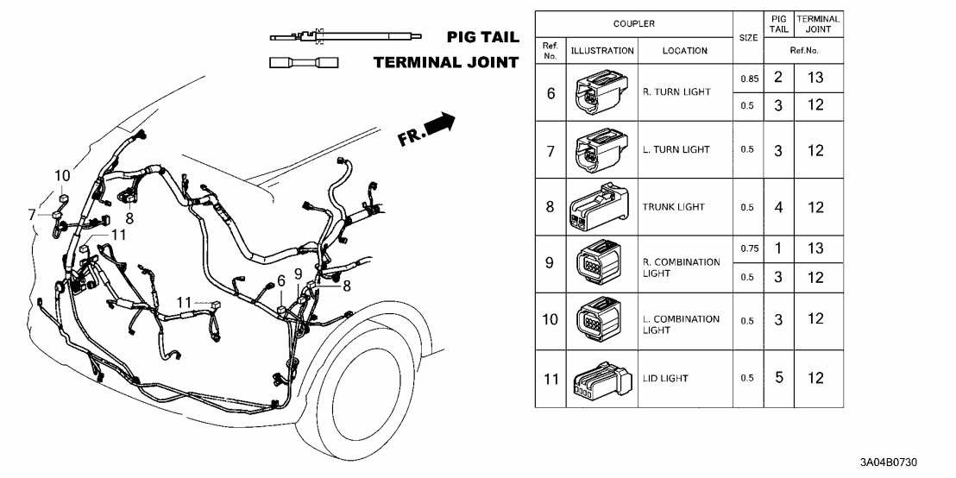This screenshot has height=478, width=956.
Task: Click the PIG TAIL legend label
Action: coord(482,37)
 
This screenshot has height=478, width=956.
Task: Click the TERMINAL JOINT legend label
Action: coord(445,62)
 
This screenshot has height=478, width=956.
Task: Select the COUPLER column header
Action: coord(634,24)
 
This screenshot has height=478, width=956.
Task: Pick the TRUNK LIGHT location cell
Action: coord(673,207)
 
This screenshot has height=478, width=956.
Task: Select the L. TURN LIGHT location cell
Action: coord(676,149)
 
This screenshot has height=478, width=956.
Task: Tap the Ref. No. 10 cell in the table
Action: coord(550,320)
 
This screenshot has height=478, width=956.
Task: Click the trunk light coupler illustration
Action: coord(600,207)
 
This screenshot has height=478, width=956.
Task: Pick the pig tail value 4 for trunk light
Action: coord(778,207)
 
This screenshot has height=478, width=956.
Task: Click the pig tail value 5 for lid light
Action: coord(778,378)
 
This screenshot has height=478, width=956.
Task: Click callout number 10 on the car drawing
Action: coord(62,176)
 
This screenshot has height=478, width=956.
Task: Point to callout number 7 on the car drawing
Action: coord(32,213)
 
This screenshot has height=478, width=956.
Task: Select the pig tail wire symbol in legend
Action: coord(345,37)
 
